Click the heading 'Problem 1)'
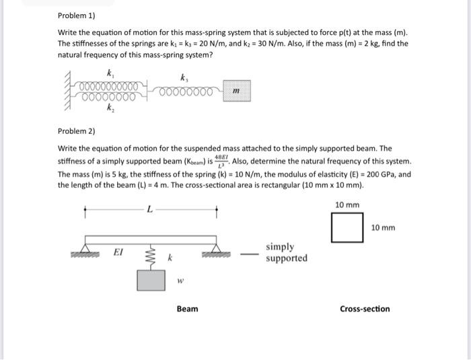click(75, 15)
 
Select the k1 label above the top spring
click(109, 72)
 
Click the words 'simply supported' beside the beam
click(286, 252)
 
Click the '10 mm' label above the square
click(347, 205)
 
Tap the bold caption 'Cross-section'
click(365, 309)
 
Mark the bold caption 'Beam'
click(187, 309)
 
